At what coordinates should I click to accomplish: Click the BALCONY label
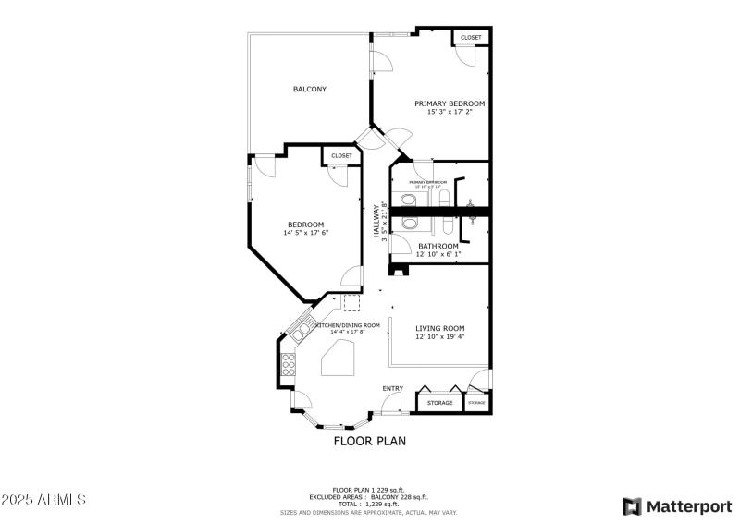point(309,89)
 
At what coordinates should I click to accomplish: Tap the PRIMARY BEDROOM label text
point(450,103)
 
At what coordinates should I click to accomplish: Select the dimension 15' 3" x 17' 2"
point(450,113)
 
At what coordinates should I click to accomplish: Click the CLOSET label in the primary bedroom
point(471,38)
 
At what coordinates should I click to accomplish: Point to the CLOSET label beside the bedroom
point(341,156)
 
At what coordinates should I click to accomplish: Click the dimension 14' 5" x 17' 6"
point(305,233)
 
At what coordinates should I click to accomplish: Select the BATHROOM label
point(438,246)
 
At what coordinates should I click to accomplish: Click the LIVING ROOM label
point(439,328)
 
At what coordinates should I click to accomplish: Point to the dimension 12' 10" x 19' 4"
point(439,337)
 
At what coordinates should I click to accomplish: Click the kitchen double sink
point(302,328)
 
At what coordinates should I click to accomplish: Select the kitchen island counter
point(339,358)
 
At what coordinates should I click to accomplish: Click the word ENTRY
point(392,388)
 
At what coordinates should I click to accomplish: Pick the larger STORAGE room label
point(439,403)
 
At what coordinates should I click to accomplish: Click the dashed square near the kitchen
point(351,303)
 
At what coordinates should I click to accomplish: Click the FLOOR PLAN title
point(369,441)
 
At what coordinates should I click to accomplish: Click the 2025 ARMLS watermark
point(43,500)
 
